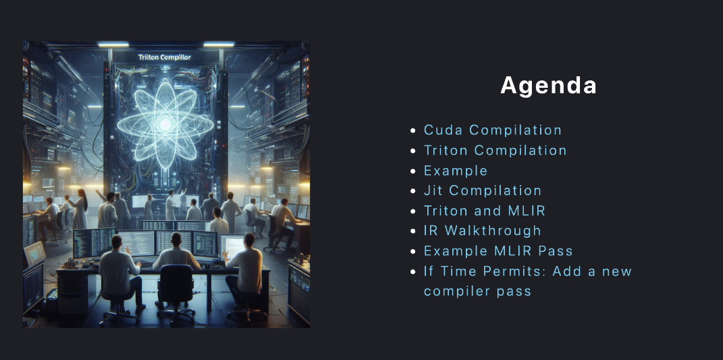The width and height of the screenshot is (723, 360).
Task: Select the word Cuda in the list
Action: [x=444, y=130]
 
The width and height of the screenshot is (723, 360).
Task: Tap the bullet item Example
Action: [x=456, y=171]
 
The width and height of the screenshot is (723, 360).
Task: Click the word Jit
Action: [x=433, y=190]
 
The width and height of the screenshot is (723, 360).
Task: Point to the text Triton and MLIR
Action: [x=485, y=211]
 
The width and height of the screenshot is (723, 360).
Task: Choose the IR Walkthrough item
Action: [x=482, y=231]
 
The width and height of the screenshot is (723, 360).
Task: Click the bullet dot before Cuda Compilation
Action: [x=413, y=130]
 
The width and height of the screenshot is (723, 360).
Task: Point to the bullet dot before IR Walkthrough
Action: [x=413, y=231]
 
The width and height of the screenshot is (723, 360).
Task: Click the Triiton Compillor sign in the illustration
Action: [x=165, y=57]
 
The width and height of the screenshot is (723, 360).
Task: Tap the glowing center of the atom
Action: [x=165, y=124]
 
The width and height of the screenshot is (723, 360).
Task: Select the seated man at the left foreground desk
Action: [x=119, y=272]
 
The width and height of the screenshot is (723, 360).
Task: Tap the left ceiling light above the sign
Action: [x=113, y=45]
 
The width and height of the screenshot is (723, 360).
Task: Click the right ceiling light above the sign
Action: [x=219, y=45]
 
